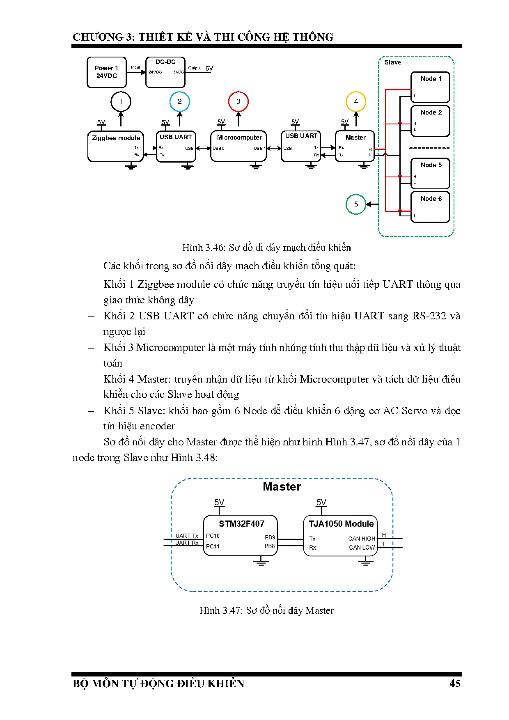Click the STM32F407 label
click(241, 524)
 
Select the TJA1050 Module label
click(341, 524)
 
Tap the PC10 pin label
click(213, 536)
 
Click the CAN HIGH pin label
click(362, 539)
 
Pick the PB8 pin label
click(270, 546)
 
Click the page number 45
click(455, 683)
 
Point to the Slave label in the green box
click(393, 62)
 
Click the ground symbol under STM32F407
click(261, 561)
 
